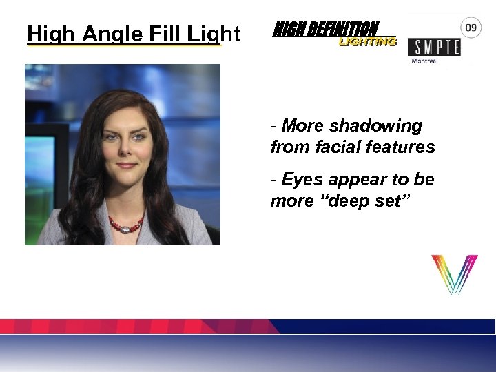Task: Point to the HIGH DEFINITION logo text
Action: [326, 29]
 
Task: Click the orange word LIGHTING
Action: [368, 42]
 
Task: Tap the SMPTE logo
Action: [434, 47]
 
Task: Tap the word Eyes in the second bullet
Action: [300, 180]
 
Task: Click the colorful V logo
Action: [454, 274]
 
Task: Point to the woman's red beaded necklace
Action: [126, 225]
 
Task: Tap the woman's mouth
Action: [127, 165]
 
